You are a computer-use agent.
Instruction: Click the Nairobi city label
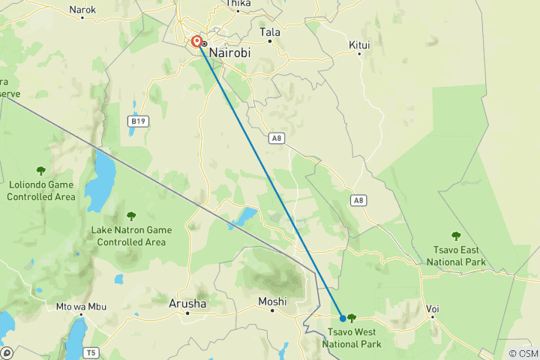coord(232,53)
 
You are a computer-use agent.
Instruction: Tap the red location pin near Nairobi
coord(196,42)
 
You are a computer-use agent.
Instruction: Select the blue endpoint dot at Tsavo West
coord(343,318)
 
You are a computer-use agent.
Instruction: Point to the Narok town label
coord(82,10)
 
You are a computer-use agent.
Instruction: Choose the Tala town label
coord(269,32)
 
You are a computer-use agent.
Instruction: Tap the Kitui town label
coord(360,44)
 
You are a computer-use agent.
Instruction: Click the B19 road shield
coord(136,120)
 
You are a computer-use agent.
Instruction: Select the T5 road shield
coord(91,352)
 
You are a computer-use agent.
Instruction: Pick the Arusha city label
coord(187,304)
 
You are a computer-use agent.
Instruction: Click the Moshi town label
coord(272,301)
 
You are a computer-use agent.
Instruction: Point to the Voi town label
coord(433,308)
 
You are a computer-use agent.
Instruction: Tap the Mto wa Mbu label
coord(81,307)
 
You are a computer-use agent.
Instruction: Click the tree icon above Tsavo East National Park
coord(455,236)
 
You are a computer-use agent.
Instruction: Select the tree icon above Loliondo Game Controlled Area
coord(40,171)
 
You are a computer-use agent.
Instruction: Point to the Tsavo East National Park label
coord(456,256)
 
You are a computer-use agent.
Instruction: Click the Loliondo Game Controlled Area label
coord(41,191)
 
